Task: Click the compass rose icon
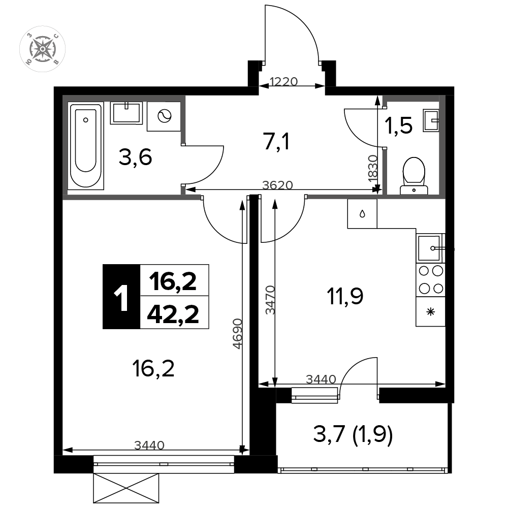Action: (43, 49)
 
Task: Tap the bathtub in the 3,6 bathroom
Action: (86, 145)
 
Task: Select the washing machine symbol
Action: (164, 116)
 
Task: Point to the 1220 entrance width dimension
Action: (283, 81)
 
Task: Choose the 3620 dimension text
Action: (277, 185)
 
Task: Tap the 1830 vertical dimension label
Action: (373, 170)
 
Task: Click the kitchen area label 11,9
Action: (345, 297)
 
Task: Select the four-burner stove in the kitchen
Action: (431, 279)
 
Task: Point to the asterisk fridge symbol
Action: (431, 312)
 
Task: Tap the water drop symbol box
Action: (362, 214)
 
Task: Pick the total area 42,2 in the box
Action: (173, 314)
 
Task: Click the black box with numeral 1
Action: (121, 297)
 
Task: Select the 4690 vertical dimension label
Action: (238, 334)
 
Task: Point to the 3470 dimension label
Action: (270, 300)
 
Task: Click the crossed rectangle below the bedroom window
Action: (126, 489)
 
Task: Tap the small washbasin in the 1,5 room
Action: (431, 121)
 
